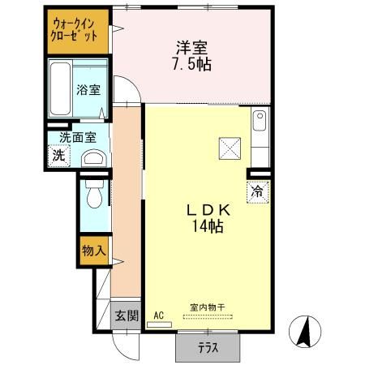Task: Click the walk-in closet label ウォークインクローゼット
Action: tap(76, 31)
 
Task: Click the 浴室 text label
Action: tap(88, 90)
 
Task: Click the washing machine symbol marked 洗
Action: tap(58, 156)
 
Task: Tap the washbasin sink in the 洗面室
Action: tap(94, 157)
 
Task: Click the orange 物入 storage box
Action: tap(93, 251)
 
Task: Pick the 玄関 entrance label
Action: tap(125, 315)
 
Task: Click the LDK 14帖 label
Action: tap(209, 217)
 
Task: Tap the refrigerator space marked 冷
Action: tap(257, 192)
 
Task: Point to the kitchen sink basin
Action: tap(260, 124)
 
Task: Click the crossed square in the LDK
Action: tap(230, 148)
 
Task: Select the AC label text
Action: tap(158, 315)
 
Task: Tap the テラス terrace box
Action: tap(208, 348)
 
